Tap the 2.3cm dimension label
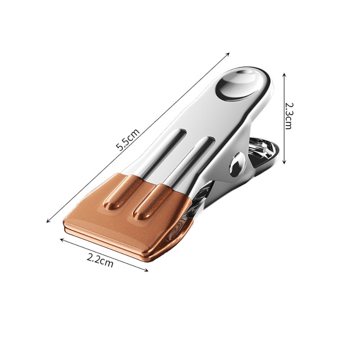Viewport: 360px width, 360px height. coord(288,116)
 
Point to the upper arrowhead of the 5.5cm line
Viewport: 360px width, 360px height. coord(228,54)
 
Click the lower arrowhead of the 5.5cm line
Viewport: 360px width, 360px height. coord(48,221)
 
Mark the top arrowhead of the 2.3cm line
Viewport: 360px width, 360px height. coord(284,75)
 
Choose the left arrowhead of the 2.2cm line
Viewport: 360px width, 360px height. coord(62,240)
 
